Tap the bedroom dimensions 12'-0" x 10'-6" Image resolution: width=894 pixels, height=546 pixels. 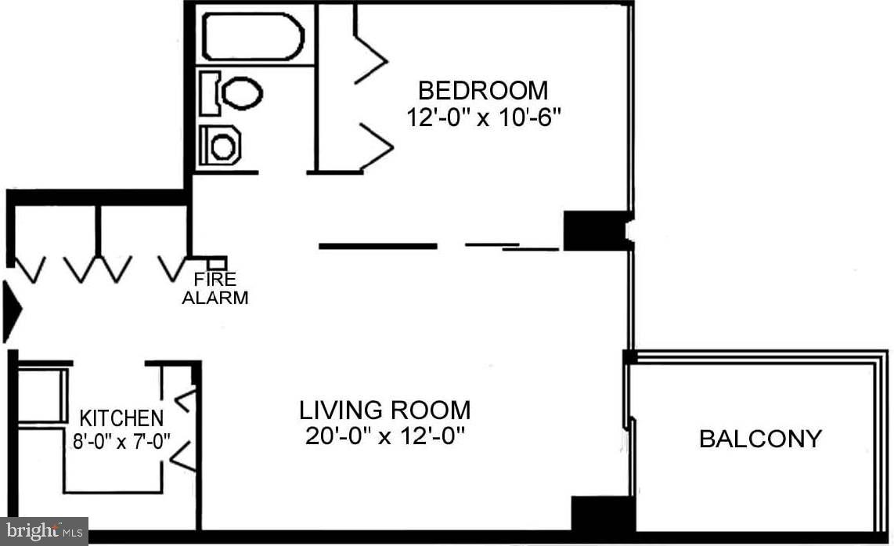(484, 118)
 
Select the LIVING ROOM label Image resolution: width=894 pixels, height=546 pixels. (385, 410)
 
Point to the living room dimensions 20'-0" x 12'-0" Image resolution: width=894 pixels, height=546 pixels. (385, 436)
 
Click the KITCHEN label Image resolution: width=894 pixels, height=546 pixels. (121, 418)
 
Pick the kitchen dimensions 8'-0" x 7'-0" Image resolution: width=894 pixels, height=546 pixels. (117, 440)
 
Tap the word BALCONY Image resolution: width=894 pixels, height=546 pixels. (760, 439)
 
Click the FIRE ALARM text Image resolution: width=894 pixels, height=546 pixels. (214, 288)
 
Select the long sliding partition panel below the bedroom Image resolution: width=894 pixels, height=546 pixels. (377, 246)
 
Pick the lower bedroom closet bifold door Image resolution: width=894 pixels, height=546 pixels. (374, 146)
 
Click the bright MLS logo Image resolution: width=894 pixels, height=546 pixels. (44, 531)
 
